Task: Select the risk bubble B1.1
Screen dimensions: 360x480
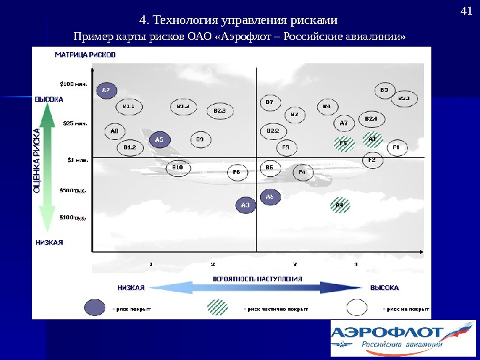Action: (x=129, y=106)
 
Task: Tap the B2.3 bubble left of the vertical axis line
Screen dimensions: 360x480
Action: (x=219, y=110)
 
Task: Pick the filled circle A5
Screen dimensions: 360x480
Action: (x=159, y=140)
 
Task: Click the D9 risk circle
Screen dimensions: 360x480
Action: (x=199, y=139)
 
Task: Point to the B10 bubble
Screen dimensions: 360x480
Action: (x=177, y=167)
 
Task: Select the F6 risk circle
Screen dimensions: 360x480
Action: (x=236, y=172)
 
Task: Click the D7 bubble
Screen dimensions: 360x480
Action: (x=269, y=103)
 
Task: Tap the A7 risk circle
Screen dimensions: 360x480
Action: (x=344, y=123)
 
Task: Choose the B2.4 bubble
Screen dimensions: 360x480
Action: (x=371, y=119)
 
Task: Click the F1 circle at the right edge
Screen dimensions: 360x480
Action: (x=395, y=147)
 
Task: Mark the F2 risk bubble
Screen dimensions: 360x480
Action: (x=372, y=160)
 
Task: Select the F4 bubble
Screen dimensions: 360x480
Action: (x=301, y=173)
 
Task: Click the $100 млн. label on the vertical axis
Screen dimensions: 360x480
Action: (x=73, y=84)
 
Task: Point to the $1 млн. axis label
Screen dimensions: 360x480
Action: (x=77, y=160)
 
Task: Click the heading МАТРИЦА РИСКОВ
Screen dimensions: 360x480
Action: (x=85, y=55)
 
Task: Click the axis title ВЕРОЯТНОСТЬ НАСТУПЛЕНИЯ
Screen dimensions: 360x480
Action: (x=257, y=279)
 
